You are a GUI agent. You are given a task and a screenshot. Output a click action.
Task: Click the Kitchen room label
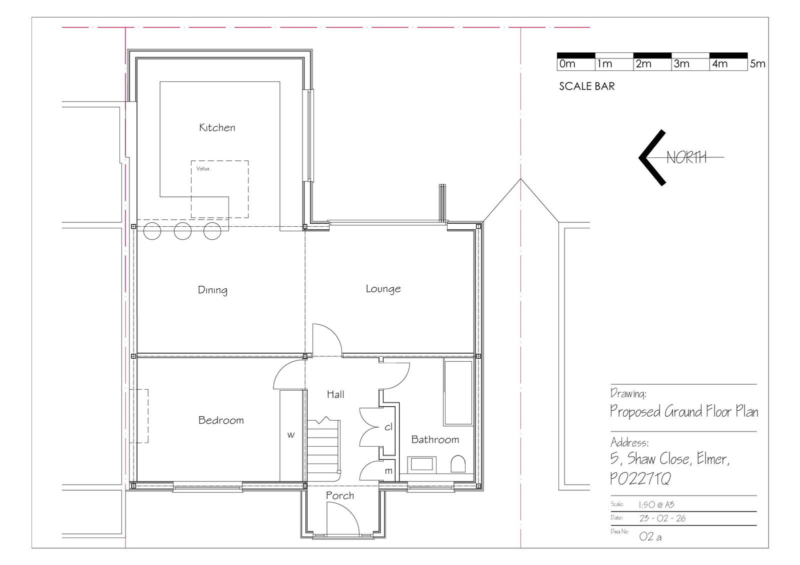217,127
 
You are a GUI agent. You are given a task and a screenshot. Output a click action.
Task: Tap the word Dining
212,290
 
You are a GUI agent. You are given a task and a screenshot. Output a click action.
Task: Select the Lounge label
383,289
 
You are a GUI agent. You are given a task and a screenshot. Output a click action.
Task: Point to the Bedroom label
221,420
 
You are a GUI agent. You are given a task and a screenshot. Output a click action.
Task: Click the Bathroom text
435,440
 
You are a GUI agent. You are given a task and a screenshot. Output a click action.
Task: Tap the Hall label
335,394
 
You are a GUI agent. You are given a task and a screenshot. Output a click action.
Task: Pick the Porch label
339,496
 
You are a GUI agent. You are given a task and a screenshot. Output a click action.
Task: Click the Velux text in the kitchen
203,168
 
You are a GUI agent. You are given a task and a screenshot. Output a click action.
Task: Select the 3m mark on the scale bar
681,64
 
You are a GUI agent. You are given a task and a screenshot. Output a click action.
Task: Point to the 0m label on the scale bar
567,64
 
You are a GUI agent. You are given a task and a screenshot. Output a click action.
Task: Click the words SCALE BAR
587,86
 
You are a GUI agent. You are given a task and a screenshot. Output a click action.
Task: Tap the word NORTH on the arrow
686,157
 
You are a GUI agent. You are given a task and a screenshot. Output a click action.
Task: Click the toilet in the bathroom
458,464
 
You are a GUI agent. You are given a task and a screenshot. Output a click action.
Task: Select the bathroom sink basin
422,465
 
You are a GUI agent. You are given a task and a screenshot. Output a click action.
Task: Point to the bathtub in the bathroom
458,392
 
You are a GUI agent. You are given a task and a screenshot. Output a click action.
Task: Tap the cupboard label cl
388,427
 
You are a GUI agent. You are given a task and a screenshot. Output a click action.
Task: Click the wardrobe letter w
291,435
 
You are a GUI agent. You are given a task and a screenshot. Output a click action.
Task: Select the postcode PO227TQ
640,479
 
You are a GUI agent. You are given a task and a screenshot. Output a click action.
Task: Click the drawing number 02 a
650,537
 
